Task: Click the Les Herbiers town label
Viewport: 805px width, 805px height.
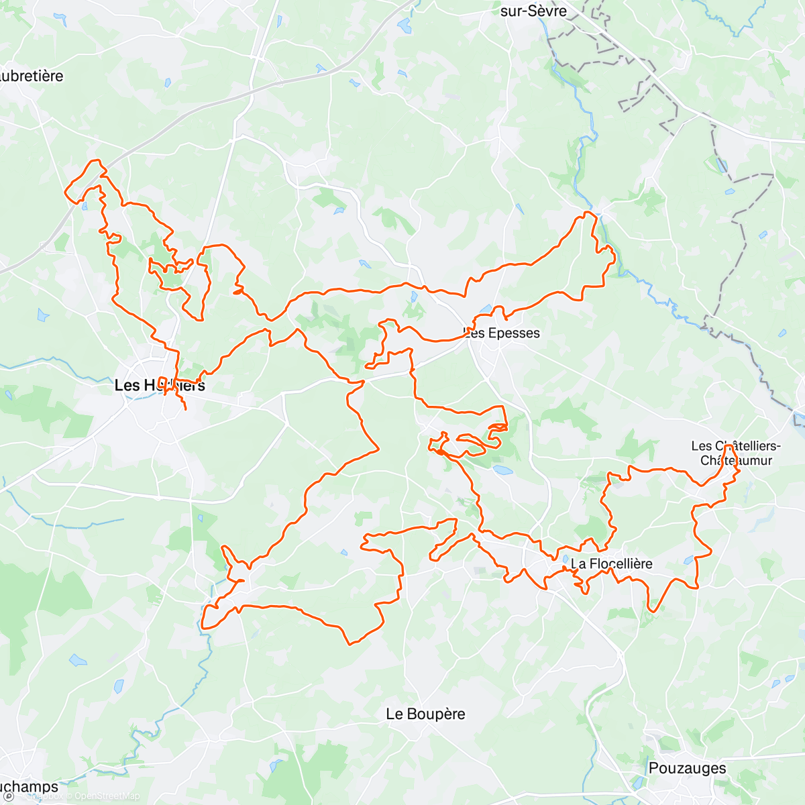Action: pyautogui.click(x=160, y=385)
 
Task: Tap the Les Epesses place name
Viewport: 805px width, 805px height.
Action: pyautogui.click(x=502, y=333)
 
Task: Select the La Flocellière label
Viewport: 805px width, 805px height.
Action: pyautogui.click(x=611, y=563)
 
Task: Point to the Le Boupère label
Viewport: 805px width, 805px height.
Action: pyautogui.click(x=425, y=714)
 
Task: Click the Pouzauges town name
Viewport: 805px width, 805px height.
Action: pyautogui.click(x=687, y=768)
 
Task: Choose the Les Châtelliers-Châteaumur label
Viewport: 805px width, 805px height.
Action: pyautogui.click(x=736, y=453)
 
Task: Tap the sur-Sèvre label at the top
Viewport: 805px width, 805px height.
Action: pyautogui.click(x=533, y=11)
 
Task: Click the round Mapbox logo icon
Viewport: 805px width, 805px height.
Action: pyautogui.click(x=9, y=796)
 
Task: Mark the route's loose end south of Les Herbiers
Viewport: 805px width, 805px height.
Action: pyautogui.click(x=186, y=409)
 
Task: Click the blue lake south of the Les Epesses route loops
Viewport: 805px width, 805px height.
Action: pyautogui.click(x=502, y=470)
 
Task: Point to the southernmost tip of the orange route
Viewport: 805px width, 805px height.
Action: pyautogui.click(x=350, y=645)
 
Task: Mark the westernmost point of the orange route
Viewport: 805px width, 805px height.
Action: pyautogui.click(x=64, y=193)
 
